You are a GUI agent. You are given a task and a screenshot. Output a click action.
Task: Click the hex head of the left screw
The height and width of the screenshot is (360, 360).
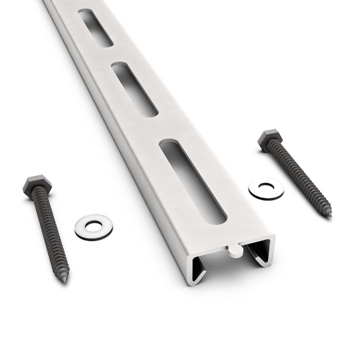coord(34,183)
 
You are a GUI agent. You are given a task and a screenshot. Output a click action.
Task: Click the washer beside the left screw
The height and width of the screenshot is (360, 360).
coord(93,226)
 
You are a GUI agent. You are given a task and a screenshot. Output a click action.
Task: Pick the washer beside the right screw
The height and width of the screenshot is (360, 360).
coord(266,188)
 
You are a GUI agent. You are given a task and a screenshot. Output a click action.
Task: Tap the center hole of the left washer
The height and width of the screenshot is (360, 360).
coord(93,225)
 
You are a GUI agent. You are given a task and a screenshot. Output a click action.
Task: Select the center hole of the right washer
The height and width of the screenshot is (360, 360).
coord(266,187)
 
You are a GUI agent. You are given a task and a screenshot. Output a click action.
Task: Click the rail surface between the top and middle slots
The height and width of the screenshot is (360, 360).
coord(117,56)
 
